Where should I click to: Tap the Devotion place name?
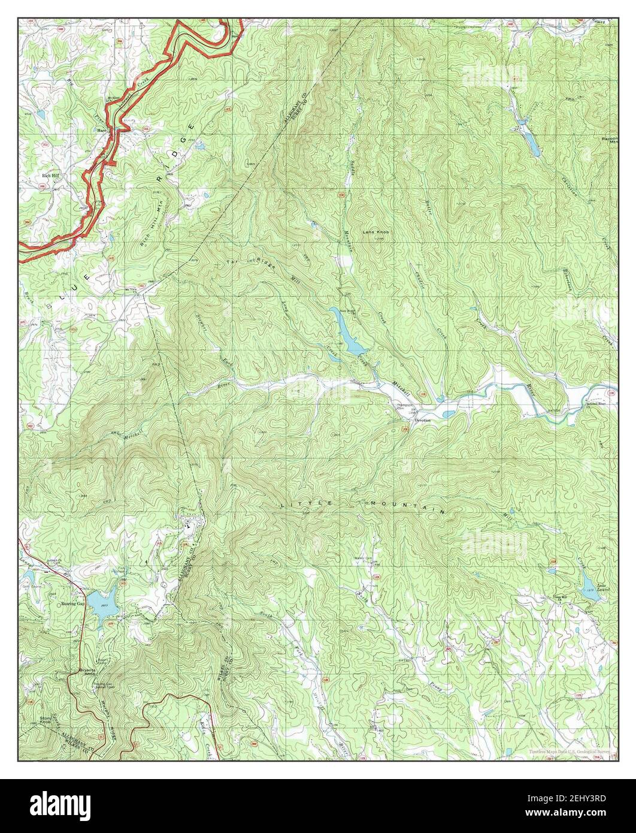422,420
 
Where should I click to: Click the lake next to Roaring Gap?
103,599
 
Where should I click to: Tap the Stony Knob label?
46,720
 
